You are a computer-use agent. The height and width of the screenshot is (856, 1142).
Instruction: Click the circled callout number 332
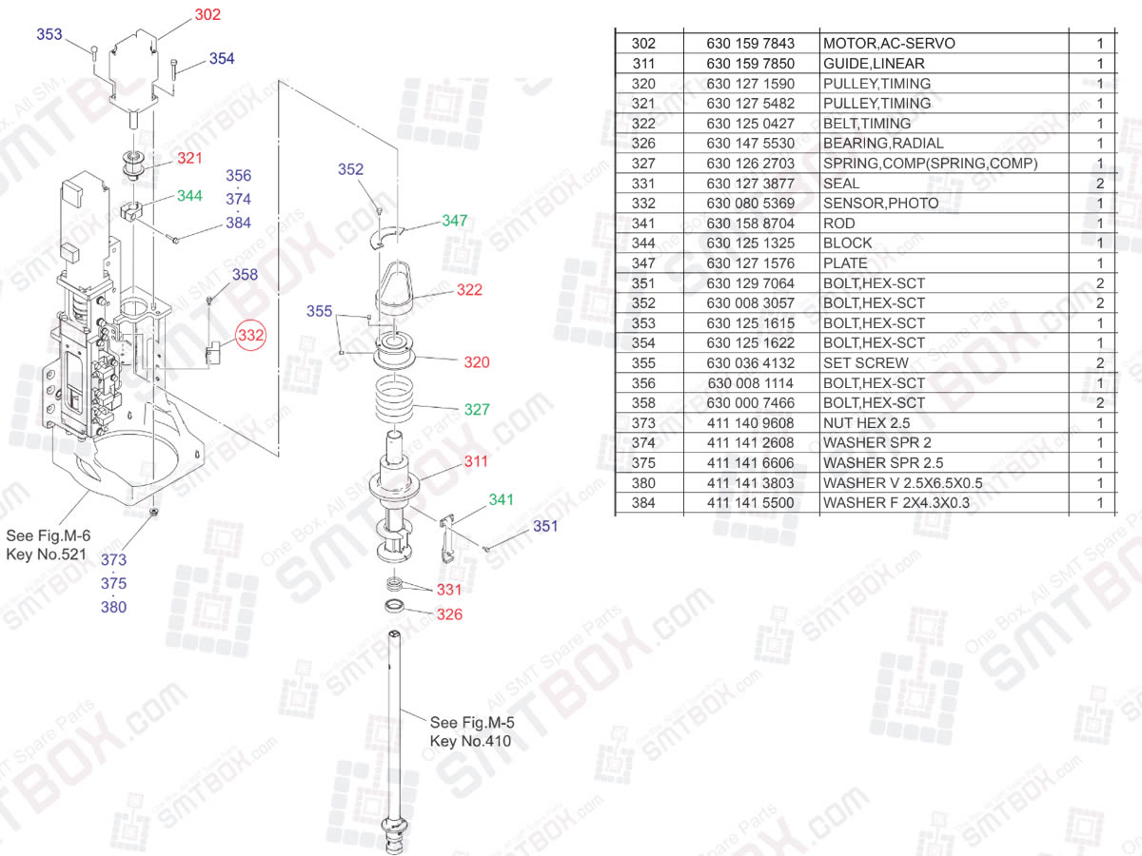click(251, 336)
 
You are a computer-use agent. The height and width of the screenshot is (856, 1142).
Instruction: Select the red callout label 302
click(207, 15)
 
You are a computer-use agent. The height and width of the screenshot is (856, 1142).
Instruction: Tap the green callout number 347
click(455, 221)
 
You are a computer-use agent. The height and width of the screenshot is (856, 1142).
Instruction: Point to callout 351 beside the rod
click(545, 527)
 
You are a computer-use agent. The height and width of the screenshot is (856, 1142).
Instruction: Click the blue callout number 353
click(49, 35)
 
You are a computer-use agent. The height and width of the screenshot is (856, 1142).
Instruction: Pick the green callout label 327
click(477, 410)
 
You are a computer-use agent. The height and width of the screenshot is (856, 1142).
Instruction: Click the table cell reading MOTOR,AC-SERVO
click(888, 44)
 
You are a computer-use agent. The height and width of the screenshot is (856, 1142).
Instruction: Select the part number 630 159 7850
click(750, 64)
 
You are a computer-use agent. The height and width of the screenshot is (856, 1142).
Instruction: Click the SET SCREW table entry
click(865, 363)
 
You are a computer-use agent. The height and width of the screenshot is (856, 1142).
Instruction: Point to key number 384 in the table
click(643, 503)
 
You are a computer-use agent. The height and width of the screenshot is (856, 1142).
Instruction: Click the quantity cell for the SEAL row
click(1100, 184)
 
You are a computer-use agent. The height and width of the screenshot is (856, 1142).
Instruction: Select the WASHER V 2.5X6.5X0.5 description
click(902, 483)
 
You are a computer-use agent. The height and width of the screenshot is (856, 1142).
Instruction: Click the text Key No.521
click(48, 554)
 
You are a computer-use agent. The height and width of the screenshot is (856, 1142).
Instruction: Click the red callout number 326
click(449, 614)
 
